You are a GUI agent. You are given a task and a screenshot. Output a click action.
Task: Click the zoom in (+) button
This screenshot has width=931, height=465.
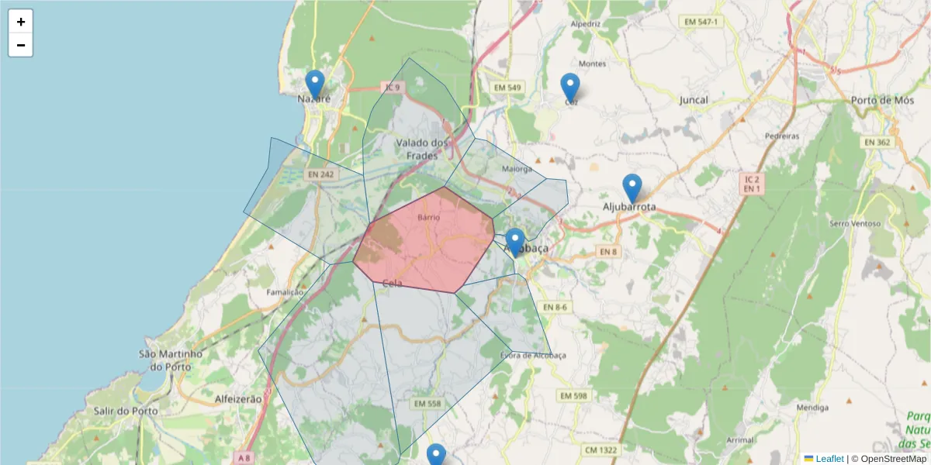point(21,22)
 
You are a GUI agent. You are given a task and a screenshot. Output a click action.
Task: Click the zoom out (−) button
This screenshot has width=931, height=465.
point(21,45)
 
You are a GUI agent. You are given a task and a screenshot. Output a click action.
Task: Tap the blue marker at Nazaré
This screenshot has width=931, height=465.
point(314,84)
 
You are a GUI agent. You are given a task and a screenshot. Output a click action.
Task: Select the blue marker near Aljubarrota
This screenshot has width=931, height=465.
point(632,188)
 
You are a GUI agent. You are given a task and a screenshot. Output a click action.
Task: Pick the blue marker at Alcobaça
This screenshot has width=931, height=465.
point(515,242)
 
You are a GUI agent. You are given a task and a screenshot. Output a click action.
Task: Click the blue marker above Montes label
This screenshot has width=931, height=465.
point(570,87)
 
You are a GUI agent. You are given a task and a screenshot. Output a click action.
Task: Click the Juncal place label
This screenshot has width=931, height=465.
point(694,100)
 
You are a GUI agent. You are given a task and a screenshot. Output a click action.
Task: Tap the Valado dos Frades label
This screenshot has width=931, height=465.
point(422,149)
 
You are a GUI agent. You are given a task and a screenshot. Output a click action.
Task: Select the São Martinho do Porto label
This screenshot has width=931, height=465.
point(171,360)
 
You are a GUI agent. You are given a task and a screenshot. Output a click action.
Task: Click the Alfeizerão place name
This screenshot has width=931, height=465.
point(238,398)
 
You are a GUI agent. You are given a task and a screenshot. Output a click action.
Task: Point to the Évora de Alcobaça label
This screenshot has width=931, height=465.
point(533,356)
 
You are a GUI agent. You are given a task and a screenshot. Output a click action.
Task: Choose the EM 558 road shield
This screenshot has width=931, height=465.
point(427,404)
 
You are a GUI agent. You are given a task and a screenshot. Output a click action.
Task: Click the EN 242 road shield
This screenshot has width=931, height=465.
point(320,174)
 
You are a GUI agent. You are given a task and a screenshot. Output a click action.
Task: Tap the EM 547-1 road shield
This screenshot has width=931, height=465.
point(701,22)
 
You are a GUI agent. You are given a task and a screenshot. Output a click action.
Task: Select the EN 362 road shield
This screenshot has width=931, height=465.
point(877,142)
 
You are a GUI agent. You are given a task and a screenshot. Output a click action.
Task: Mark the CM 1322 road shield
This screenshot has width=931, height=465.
point(601,449)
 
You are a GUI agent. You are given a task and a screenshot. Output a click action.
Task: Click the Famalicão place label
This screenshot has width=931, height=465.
point(285,292)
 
